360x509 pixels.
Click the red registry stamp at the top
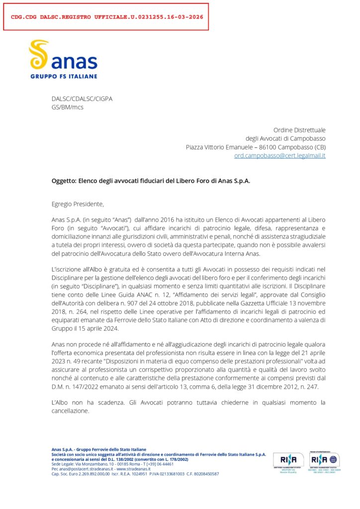click(106, 16)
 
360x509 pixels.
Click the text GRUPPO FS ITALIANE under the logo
click(64, 76)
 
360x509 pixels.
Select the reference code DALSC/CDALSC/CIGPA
click(82, 99)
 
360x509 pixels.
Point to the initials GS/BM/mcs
click(68, 107)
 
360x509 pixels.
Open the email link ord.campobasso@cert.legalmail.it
click(280, 156)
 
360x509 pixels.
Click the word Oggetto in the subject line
click(63, 181)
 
